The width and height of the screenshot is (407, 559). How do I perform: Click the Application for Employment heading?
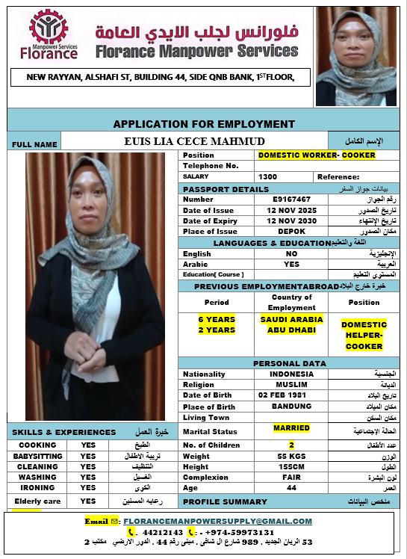pos(204,124)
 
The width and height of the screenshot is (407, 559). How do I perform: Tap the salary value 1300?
pos(267,176)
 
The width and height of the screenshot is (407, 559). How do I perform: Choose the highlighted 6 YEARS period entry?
pos(217,319)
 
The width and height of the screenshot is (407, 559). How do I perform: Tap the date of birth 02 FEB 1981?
pos(284,395)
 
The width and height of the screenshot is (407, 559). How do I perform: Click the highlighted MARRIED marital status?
pos(291,429)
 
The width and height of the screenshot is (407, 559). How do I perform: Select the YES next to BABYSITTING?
pos(88,456)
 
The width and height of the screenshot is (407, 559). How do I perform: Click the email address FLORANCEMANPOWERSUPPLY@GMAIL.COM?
pos(217,521)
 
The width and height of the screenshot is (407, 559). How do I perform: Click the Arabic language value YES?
pos(291,264)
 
